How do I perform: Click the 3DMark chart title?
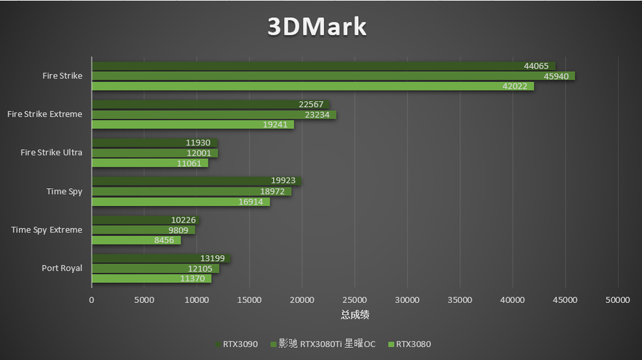click(x=317, y=27)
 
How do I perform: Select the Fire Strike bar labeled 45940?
click(x=332, y=76)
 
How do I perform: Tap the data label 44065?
click(x=536, y=66)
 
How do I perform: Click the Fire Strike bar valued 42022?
click(x=312, y=86)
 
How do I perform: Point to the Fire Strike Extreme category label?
click(x=44, y=114)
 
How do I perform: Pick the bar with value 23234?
click(x=213, y=114)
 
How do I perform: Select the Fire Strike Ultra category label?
click(x=51, y=153)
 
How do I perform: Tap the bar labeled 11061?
click(x=149, y=163)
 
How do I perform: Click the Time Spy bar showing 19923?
click(x=196, y=181)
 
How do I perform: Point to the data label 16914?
click(x=255, y=201)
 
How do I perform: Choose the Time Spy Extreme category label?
click(x=46, y=230)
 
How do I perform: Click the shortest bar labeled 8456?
click(x=136, y=240)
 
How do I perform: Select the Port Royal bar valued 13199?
click(x=160, y=258)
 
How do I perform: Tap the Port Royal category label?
click(x=62, y=268)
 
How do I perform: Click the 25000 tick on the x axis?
click(x=355, y=300)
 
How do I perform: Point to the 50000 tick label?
click(x=617, y=300)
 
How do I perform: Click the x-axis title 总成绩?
click(x=355, y=314)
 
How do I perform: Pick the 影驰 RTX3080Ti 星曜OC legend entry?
click(x=322, y=344)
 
